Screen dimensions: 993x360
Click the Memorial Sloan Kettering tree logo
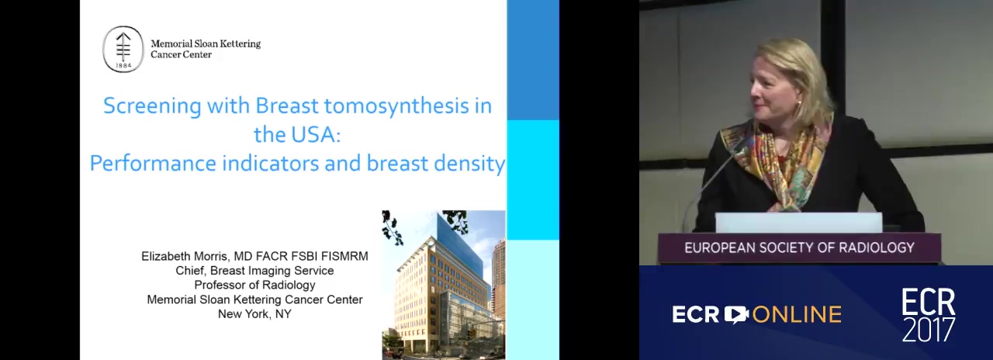(123, 49)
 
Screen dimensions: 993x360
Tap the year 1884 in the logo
(123, 66)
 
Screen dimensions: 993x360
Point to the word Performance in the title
(153, 163)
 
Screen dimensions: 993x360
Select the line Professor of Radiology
(255, 285)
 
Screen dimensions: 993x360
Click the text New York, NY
(254, 314)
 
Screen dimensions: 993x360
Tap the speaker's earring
(801, 103)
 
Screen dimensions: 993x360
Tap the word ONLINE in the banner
(797, 315)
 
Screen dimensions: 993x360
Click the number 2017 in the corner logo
(929, 329)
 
